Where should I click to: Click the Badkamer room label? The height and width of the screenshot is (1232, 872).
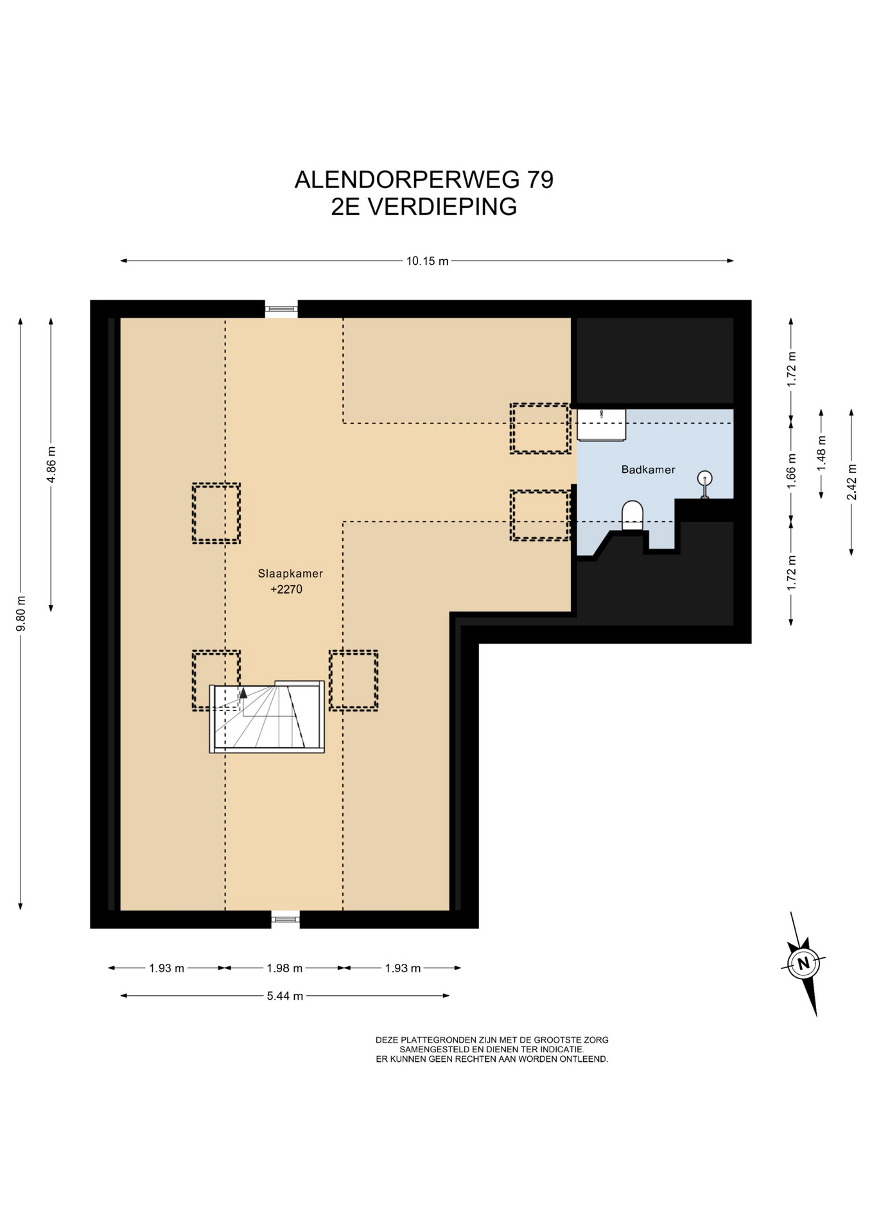[x=648, y=470]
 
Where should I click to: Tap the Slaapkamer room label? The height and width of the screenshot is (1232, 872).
[x=290, y=574]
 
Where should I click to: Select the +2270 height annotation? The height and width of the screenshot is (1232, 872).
[x=286, y=589]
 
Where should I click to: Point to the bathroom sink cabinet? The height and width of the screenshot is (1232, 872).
[x=601, y=425]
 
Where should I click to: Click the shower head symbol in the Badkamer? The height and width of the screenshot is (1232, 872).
[x=704, y=483]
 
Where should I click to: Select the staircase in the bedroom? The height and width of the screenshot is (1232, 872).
[x=267, y=716]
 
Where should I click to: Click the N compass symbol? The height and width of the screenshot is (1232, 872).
[x=803, y=963]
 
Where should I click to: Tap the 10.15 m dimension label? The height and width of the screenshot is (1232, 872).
[x=427, y=261]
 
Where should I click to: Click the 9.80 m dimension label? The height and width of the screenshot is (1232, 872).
[x=21, y=613]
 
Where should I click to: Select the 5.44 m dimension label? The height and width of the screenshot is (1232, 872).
[x=285, y=996]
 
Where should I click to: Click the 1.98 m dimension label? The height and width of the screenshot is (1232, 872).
[x=284, y=968]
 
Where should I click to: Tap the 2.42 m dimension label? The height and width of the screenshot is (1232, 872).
[x=851, y=481]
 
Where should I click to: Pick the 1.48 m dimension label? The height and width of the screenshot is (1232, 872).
[x=821, y=454]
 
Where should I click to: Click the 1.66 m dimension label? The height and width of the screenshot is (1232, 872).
[x=791, y=472]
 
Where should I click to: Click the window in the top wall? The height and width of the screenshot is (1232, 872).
[x=281, y=309]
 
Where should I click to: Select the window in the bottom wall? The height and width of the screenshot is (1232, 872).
[x=285, y=920]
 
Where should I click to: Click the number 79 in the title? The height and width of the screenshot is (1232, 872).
[x=540, y=180]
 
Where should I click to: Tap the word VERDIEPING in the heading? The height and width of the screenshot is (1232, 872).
[x=442, y=207]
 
